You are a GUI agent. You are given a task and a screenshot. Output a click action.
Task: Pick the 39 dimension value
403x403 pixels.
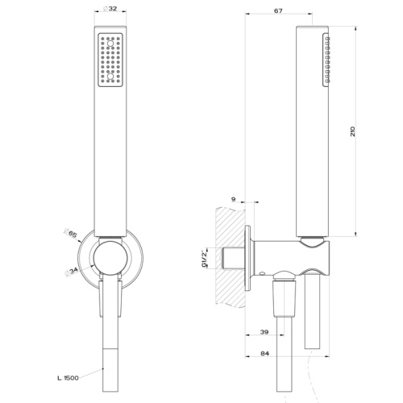(x=265, y=331)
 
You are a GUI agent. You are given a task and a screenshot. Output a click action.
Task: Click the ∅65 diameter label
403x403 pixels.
(x=72, y=234)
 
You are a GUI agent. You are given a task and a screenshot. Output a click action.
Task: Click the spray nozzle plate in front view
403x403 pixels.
(x=110, y=60)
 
